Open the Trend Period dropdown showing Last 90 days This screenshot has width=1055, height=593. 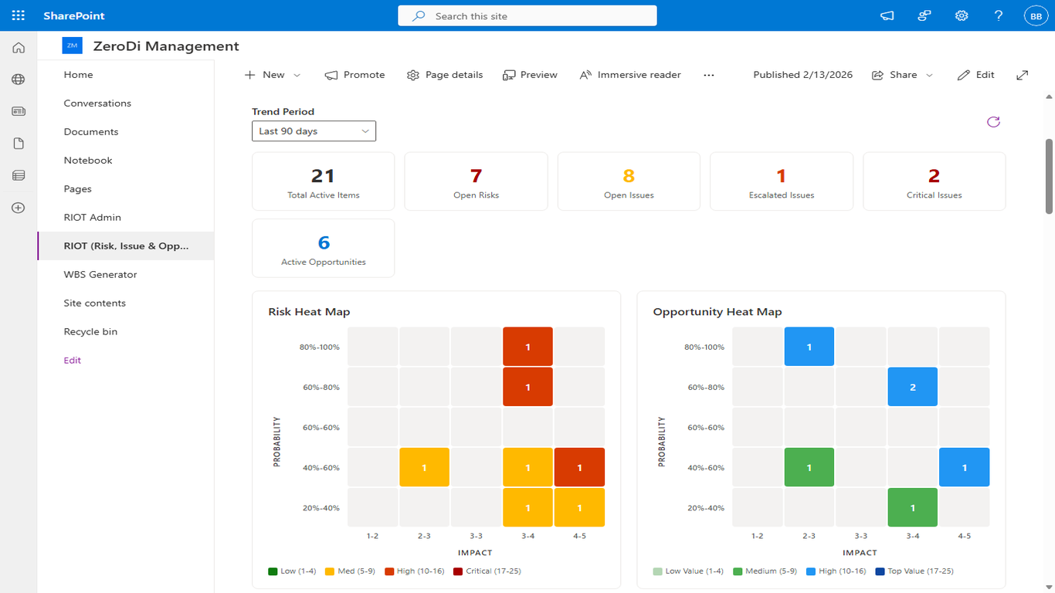click(x=314, y=131)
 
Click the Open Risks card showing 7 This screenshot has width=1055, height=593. click(x=476, y=181)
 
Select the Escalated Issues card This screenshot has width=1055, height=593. click(x=781, y=181)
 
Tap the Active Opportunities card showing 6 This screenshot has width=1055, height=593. click(x=323, y=248)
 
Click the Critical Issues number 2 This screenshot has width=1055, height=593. click(x=934, y=176)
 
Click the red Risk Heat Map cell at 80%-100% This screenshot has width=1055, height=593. click(x=527, y=347)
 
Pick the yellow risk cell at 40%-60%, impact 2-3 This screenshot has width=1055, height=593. click(x=424, y=467)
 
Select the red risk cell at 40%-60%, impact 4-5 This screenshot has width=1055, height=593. click(x=579, y=467)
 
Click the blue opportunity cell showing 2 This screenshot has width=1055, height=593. click(x=912, y=387)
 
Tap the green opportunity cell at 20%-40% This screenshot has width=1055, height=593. click(x=912, y=507)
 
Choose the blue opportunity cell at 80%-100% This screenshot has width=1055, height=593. click(x=809, y=347)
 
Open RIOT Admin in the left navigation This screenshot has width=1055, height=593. click(x=93, y=218)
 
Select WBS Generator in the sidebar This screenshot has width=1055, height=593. click(x=100, y=275)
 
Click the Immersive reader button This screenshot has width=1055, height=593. click(x=629, y=75)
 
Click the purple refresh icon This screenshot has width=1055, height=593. click(x=993, y=122)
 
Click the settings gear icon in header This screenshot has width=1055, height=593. click(x=962, y=15)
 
